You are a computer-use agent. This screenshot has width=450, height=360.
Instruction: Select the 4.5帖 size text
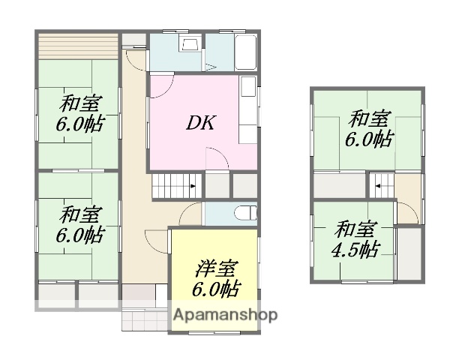click(357, 249)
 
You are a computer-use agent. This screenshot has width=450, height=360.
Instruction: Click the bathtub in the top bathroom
click(246, 52)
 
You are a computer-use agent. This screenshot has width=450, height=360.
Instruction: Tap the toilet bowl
click(244, 213)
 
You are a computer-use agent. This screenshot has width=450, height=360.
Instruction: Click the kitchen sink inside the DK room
click(247, 94)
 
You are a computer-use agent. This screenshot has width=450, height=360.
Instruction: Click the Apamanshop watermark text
click(226, 315)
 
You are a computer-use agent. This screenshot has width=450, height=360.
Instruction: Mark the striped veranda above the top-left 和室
click(78, 44)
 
